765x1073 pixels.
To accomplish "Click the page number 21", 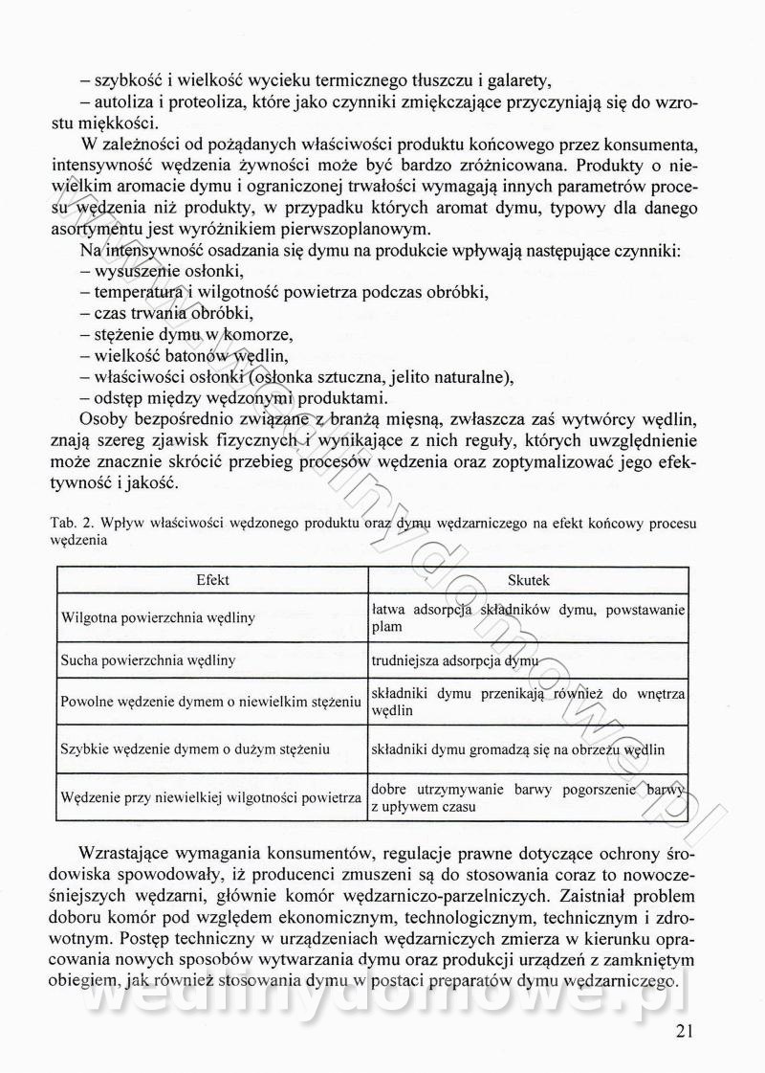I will (x=682, y=1031).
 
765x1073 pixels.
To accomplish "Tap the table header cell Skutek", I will (x=528, y=580).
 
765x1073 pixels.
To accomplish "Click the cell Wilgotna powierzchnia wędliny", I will (x=158, y=618).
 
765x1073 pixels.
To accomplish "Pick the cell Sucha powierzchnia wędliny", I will (x=148, y=660).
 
